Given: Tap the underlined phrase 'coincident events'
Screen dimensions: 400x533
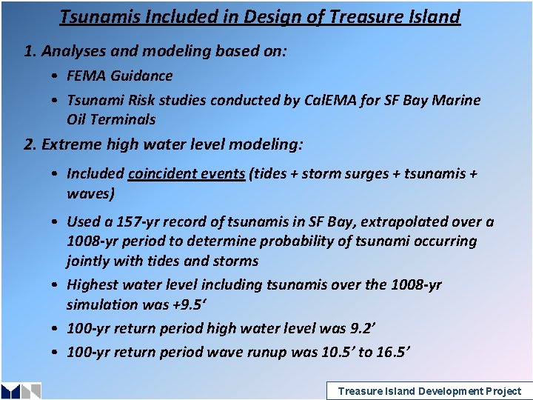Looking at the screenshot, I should tap(187, 173).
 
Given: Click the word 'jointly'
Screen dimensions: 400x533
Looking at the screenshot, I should tap(87, 261).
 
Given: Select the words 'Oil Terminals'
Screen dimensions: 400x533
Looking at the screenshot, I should tap(111, 119).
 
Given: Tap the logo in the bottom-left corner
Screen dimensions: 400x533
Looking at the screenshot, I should tap(21, 391).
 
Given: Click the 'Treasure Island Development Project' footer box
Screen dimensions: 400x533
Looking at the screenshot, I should tap(429, 391).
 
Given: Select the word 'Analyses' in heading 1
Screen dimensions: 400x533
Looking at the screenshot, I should tap(71, 51).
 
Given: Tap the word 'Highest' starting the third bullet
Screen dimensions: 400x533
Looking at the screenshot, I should tap(93, 284).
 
